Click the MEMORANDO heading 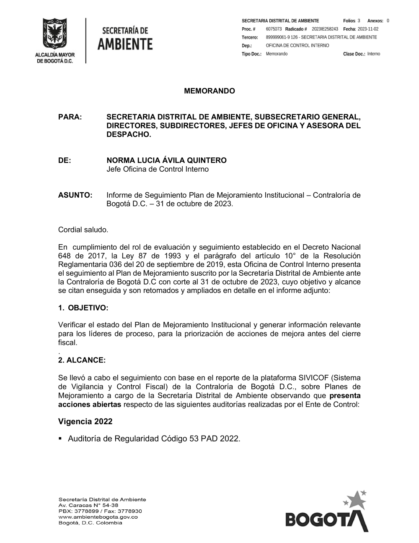tap(209, 91)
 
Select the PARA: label tap(70, 117)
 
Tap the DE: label tap(65, 160)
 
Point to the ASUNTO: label tap(75, 195)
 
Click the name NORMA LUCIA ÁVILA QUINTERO tap(166, 160)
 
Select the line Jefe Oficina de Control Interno tap(158, 170)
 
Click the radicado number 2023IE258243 tap(325, 29)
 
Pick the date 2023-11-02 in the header tap(368, 29)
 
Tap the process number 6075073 tap(274, 29)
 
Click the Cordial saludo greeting tap(83, 230)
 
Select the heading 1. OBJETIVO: tap(83, 308)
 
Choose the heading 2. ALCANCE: tap(82, 360)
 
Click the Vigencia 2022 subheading tap(85, 421)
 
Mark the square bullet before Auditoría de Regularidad tap(60, 439)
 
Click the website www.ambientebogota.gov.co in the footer tap(98, 517)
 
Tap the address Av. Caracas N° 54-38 tap(88, 505)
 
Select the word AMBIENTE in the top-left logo tap(125, 44)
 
